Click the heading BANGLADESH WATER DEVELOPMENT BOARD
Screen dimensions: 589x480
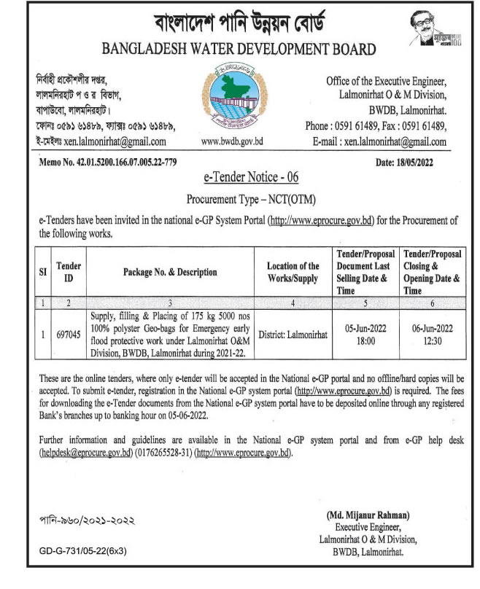(x=239, y=50)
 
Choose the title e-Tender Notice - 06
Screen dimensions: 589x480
(x=239, y=178)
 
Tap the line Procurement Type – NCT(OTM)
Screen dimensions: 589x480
(x=239, y=198)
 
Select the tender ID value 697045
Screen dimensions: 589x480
(x=69, y=334)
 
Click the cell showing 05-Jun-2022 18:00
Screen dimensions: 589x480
(x=365, y=334)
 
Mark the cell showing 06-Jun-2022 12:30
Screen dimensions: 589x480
(x=432, y=334)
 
